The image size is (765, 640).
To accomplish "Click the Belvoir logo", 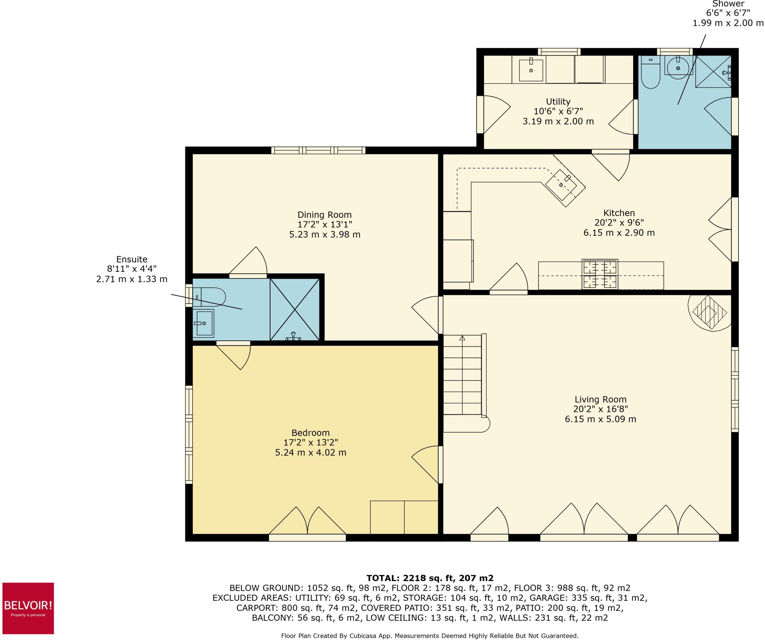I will (x=28, y=608).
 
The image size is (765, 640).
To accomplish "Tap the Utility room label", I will (x=558, y=102).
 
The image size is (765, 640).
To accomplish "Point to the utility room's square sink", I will (x=531, y=70).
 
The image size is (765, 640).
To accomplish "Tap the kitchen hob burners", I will (x=600, y=274).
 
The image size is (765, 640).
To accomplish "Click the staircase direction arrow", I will (x=462, y=338).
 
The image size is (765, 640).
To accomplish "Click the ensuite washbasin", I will (x=204, y=323).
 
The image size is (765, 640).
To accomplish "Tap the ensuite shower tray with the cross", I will (x=295, y=310).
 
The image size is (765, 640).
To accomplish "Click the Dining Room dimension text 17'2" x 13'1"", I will (x=325, y=225).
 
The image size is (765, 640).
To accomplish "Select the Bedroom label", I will (x=310, y=433).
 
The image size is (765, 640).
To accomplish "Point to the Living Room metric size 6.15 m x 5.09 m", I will (x=600, y=419).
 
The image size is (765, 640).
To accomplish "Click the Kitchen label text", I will (x=619, y=213).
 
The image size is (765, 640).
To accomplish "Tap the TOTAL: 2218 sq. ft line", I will (x=430, y=578).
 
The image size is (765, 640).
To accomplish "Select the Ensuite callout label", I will (x=131, y=259).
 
